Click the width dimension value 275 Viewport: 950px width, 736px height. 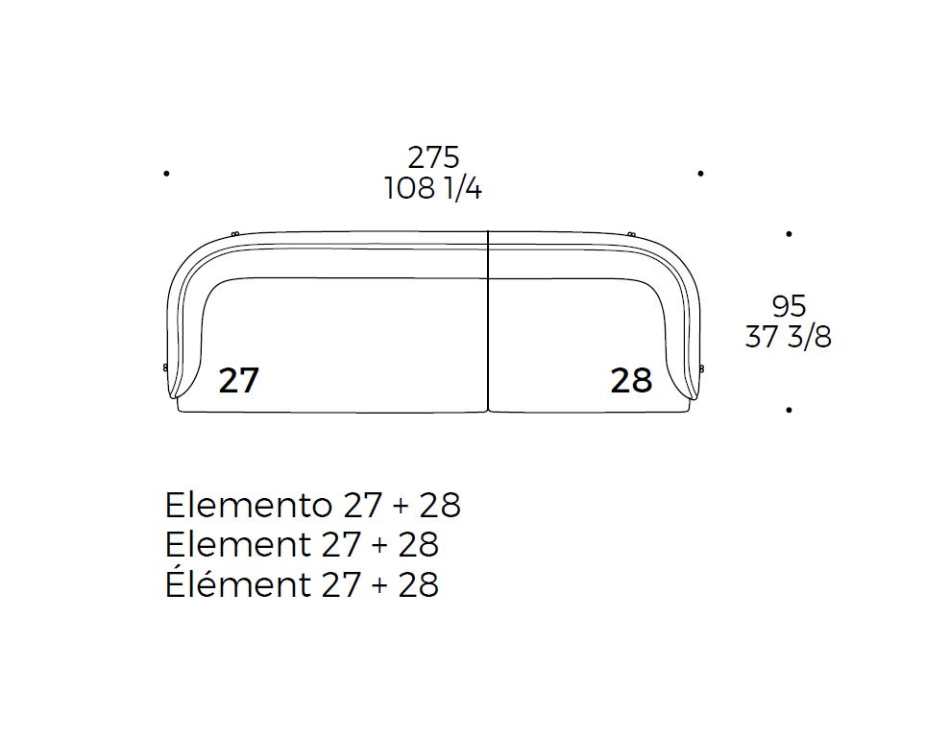click(433, 158)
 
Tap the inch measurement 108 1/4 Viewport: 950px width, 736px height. click(433, 188)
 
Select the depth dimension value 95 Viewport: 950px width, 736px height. click(789, 306)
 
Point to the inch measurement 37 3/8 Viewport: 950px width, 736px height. click(789, 337)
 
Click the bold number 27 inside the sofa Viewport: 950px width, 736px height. click(239, 380)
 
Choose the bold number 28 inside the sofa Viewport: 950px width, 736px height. click(631, 380)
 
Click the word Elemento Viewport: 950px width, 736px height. click(249, 505)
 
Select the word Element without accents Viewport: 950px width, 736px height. click(237, 544)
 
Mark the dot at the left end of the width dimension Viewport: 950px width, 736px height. click(166, 174)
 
